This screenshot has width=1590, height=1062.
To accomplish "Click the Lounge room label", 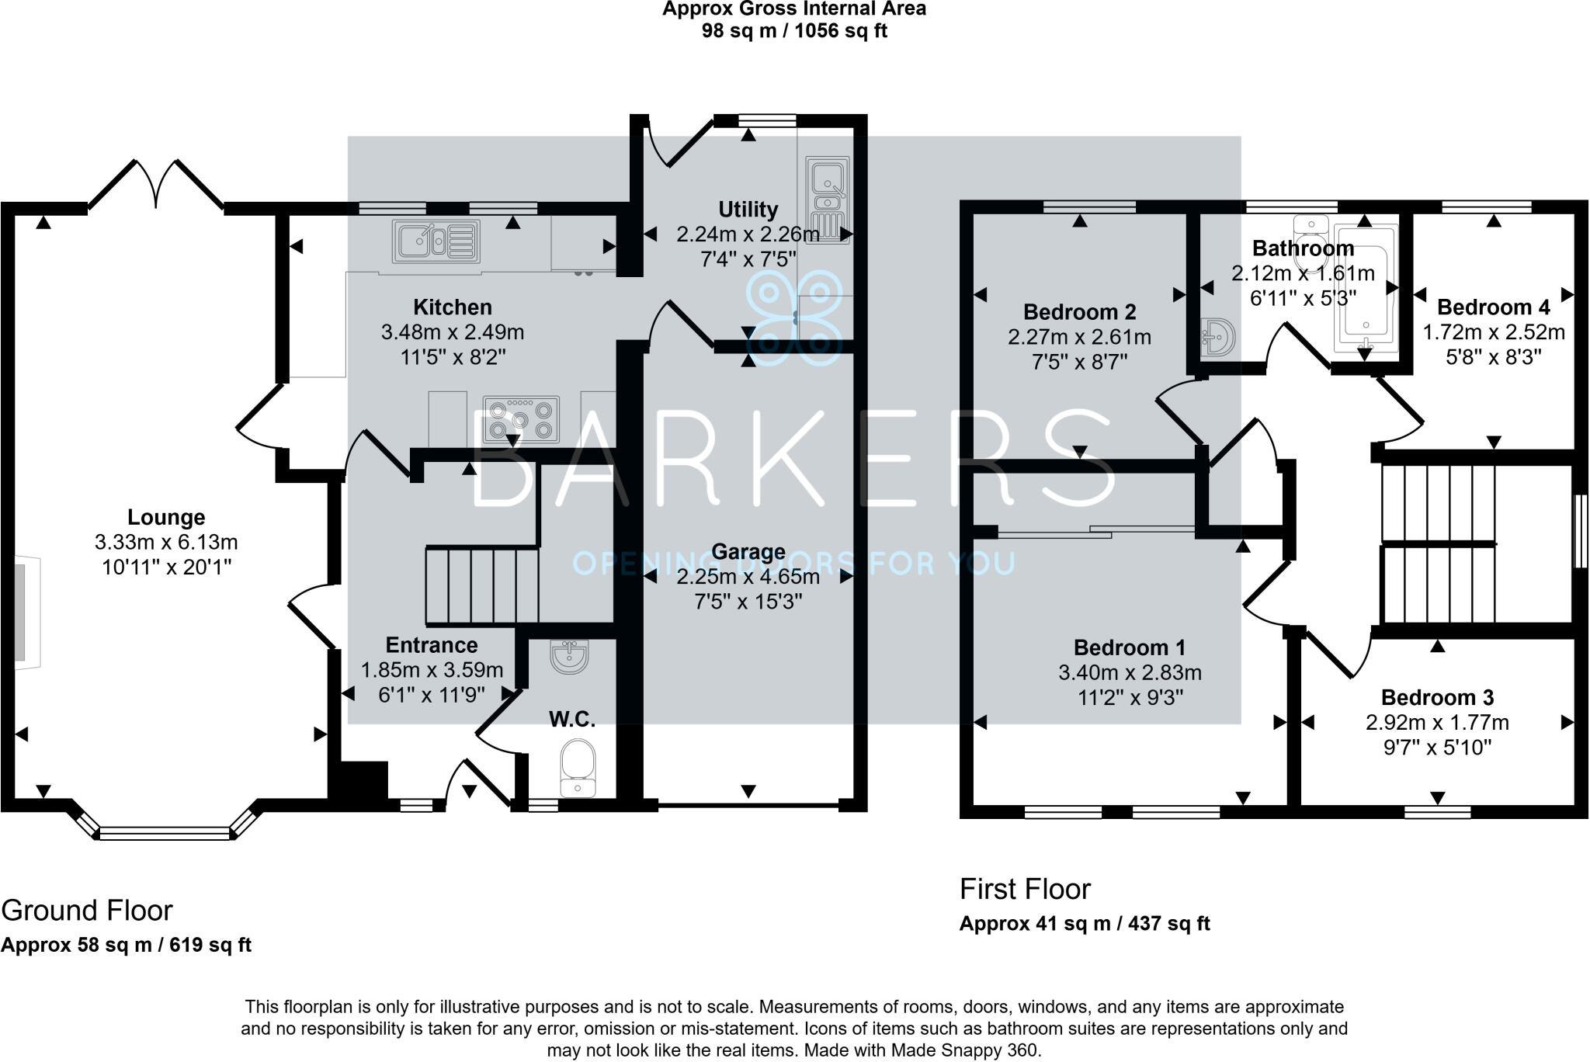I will click(166, 517).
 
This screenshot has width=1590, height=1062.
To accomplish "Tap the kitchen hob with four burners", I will click(521, 420).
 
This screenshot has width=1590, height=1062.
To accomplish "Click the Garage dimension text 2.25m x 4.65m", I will click(748, 577).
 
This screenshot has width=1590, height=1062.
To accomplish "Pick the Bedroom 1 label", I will click(1130, 647).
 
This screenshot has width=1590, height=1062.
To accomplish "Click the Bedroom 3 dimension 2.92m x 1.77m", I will click(1437, 723).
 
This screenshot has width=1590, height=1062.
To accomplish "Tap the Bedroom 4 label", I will click(1493, 307).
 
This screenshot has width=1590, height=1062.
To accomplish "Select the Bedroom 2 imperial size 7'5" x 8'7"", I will click(1079, 362).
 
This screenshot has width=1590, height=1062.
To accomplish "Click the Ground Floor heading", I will click(87, 910).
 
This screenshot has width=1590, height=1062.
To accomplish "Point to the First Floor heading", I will click(1025, 889).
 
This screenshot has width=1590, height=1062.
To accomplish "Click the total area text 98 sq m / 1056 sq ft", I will click(794, 31).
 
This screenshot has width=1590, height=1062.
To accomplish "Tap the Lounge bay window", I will click(165, 833).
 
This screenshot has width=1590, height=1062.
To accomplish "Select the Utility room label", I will click(748, 210).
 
